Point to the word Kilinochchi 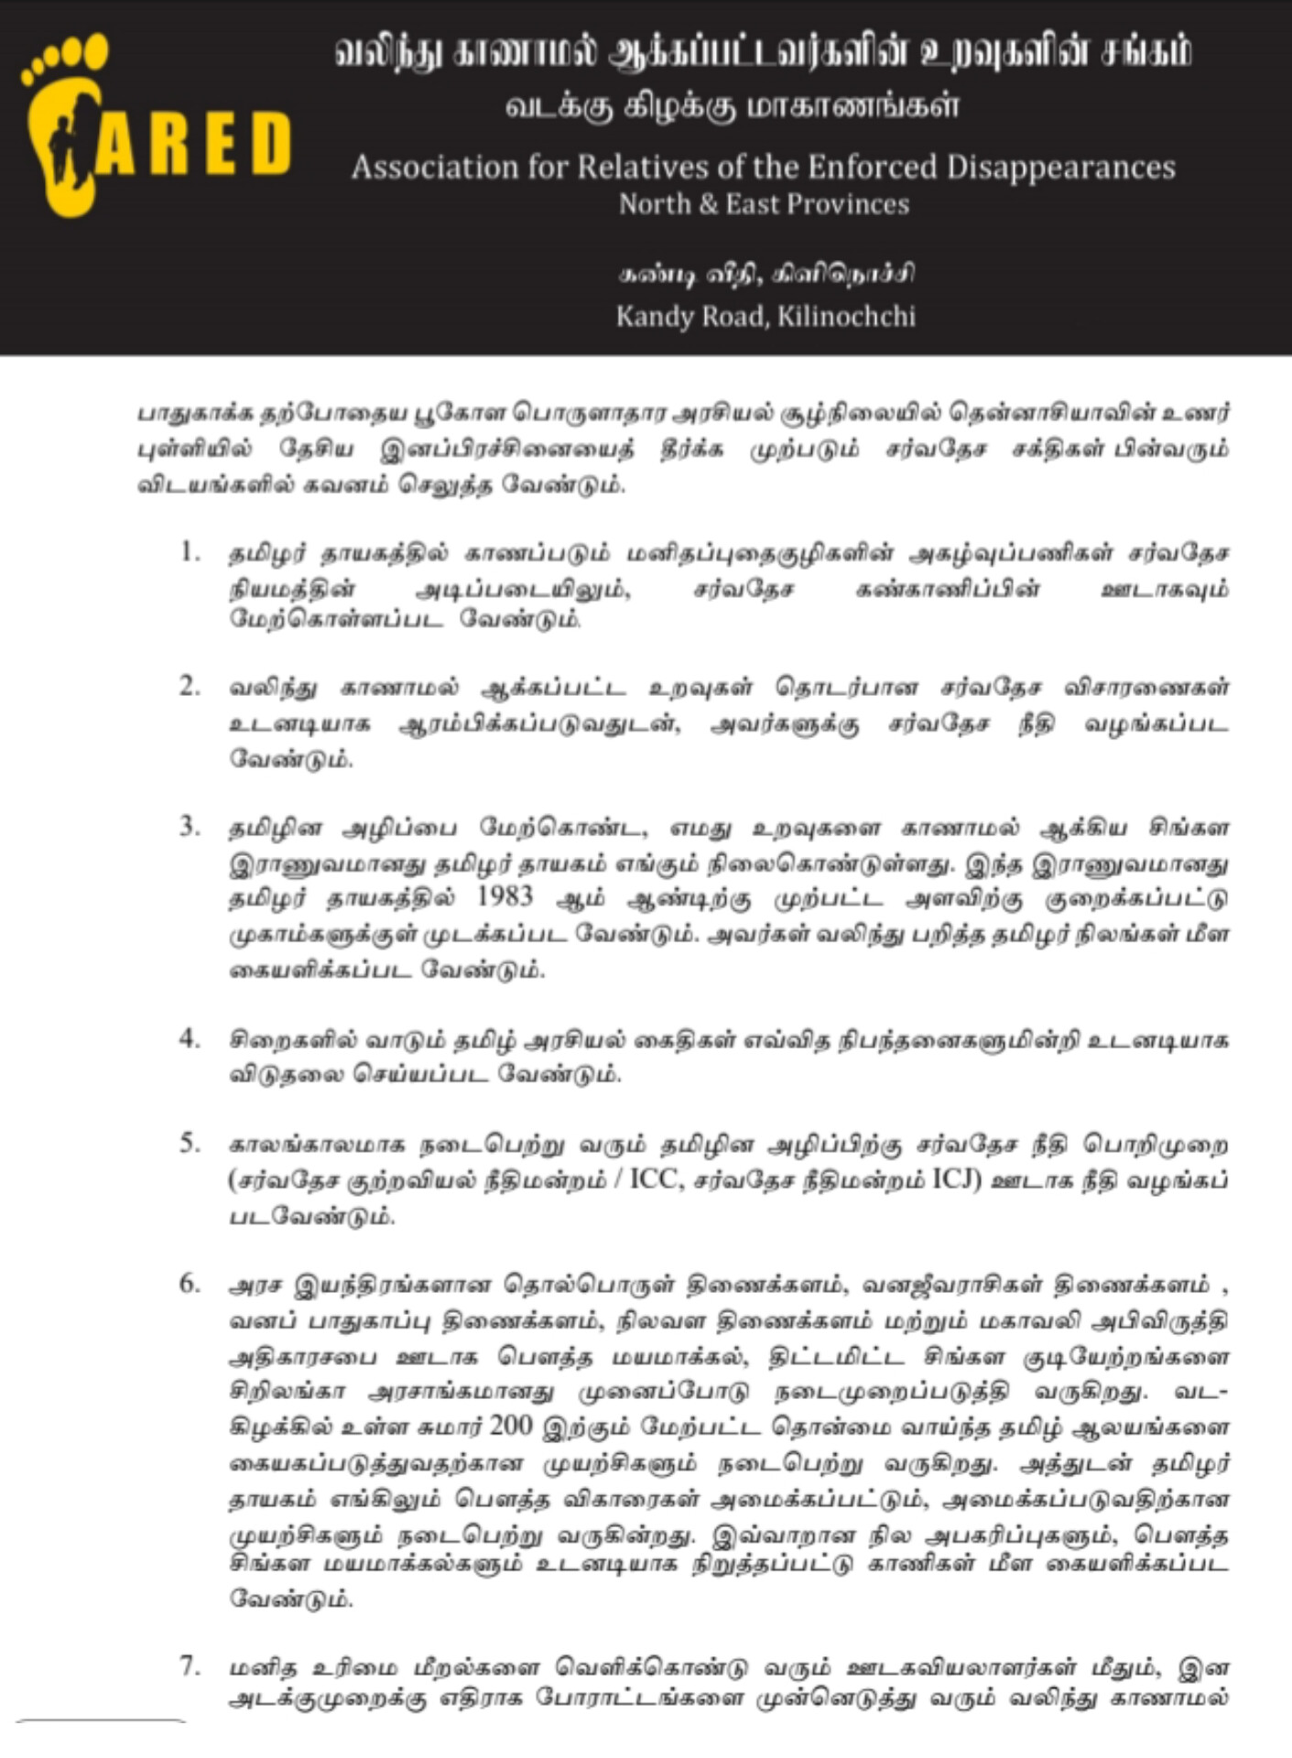pyautogui.click(x=846, y=317)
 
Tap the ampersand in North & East pyautogui.click(x=707, y=204)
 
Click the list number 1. pyautogui.click(x=190, y=552)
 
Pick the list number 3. pyautogui.click(x=190, y=827)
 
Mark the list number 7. pyautogui.click(x=190, y=1666)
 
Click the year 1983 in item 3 pyautogui.click(x=505, y=896)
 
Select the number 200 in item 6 pyautogui.click(x=511, y=1426)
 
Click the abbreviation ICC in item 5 pyautogui.click(x=656, y=1179)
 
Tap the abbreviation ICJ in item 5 pyautogui.click(x=957, y=1179)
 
